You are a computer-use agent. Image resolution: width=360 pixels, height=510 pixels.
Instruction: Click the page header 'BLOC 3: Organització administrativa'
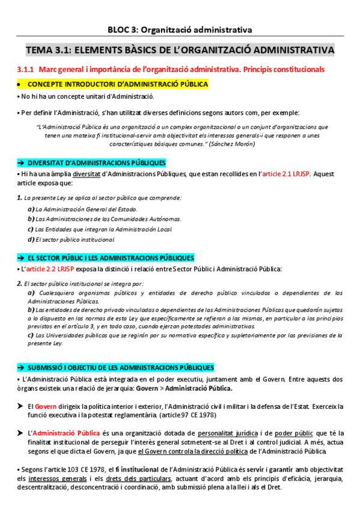(x=180, y=28)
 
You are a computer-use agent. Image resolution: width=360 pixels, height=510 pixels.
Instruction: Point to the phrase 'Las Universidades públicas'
(x=72, y=334)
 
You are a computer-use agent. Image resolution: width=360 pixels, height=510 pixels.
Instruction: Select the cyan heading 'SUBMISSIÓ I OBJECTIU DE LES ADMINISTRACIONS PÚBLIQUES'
(x=120, y=367)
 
